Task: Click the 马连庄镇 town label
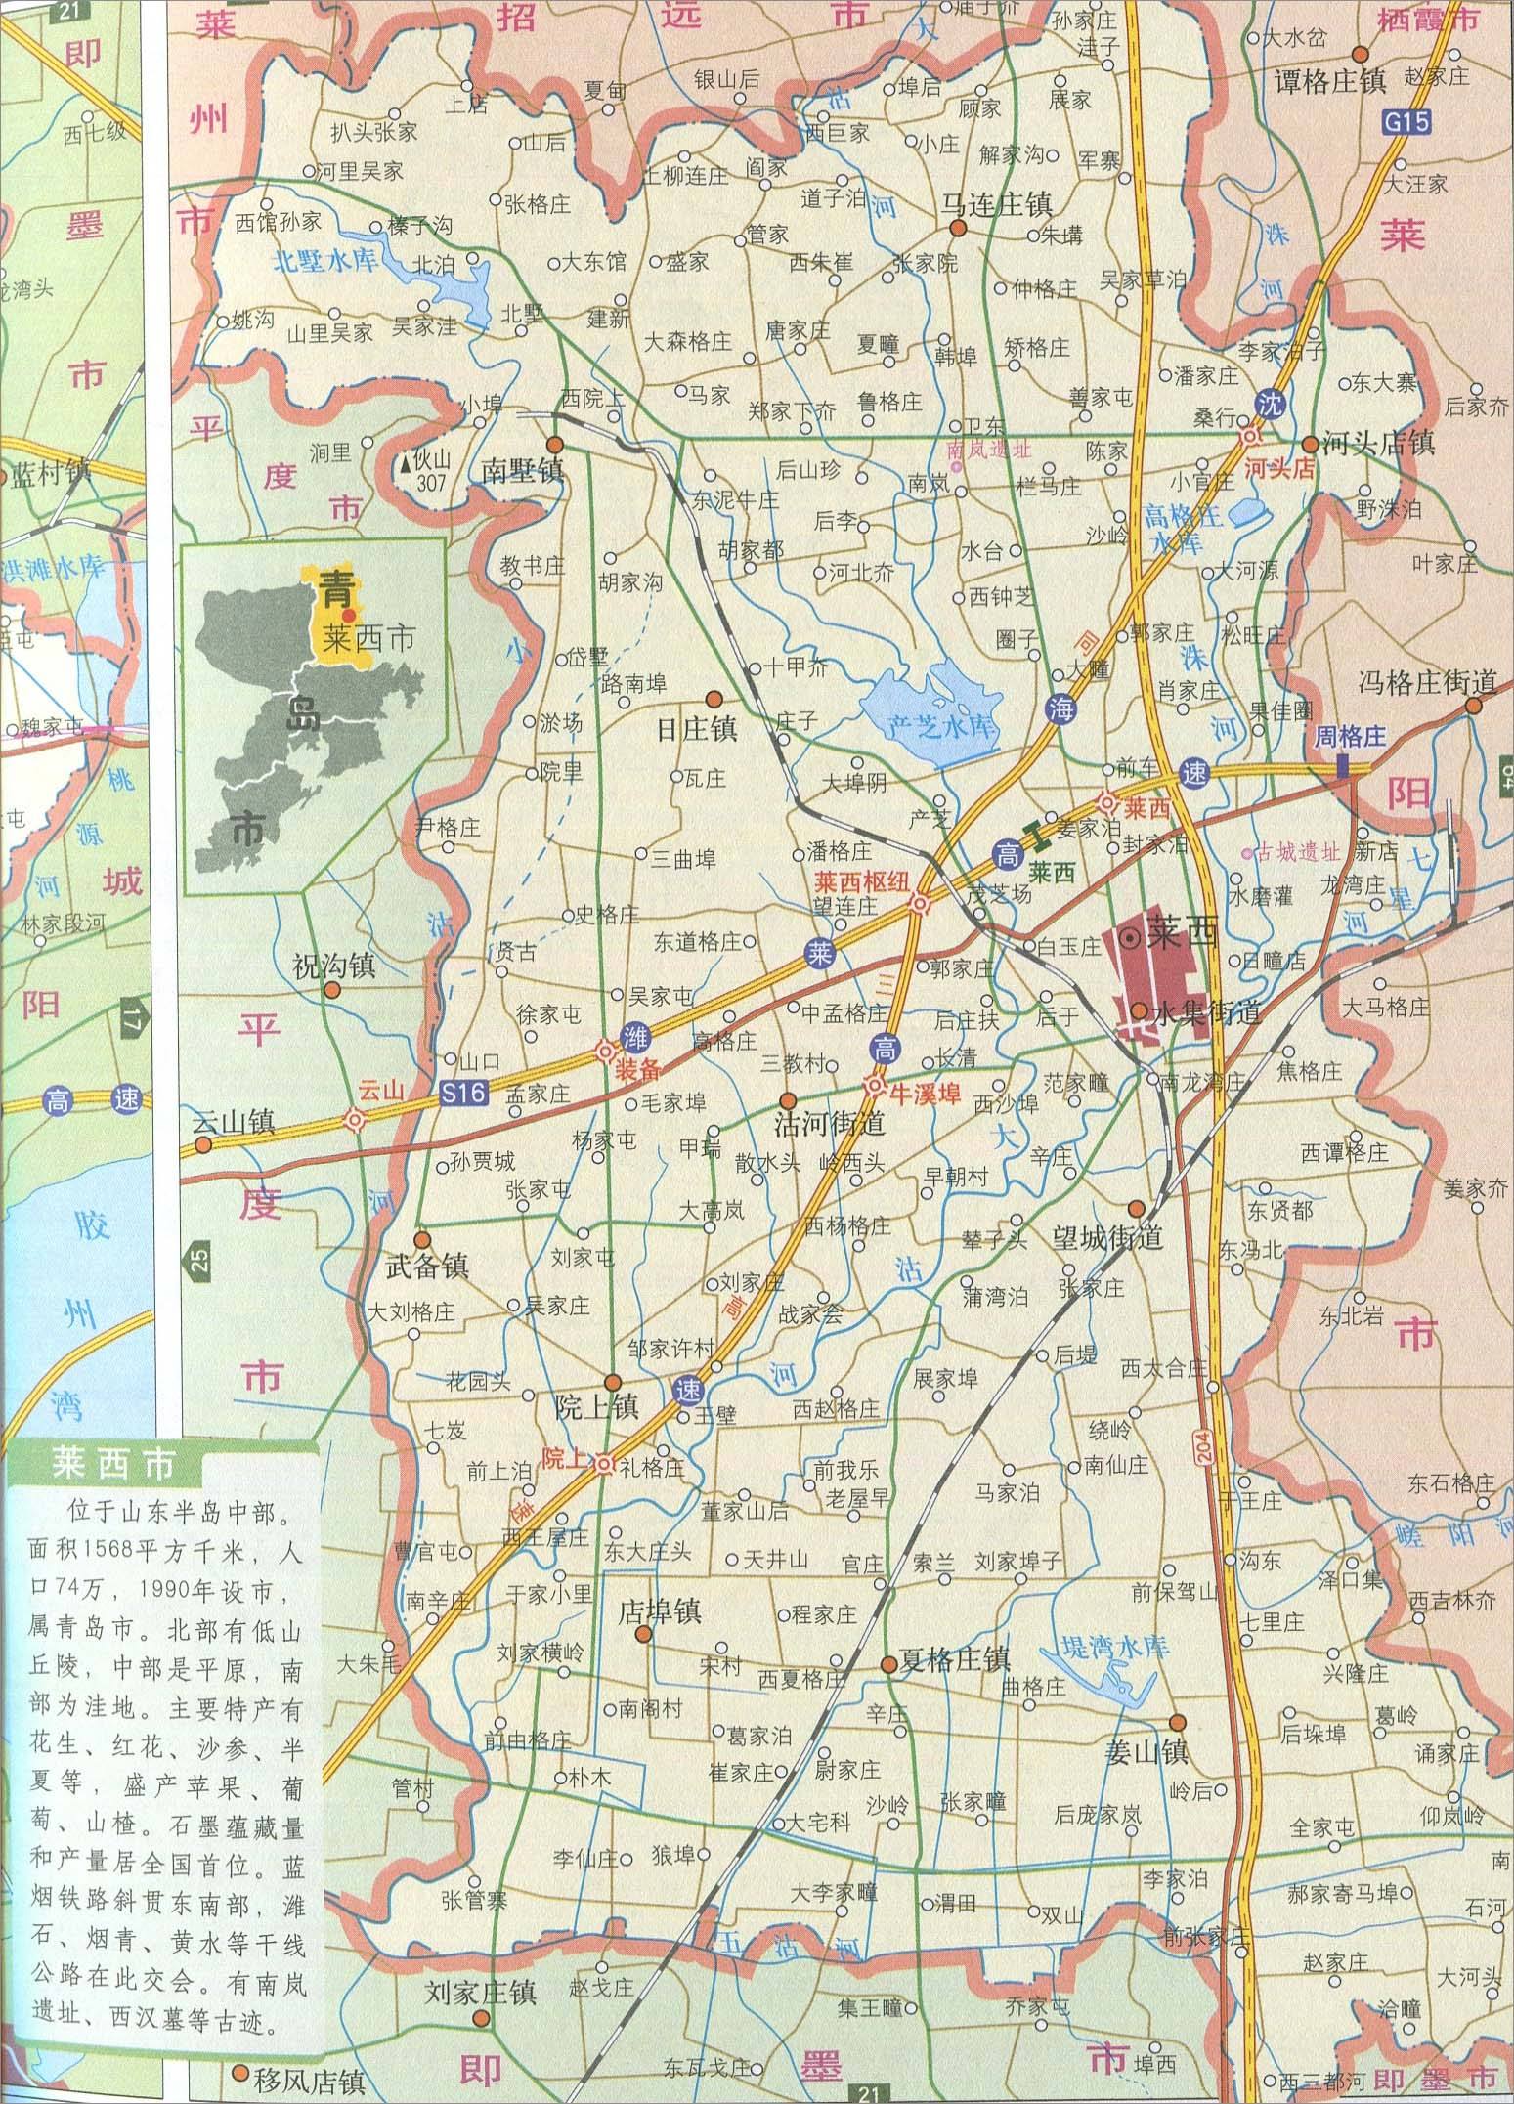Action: pyautogui.click(x=996, y=204)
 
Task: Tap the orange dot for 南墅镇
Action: pyautogui.click(x=553, y=444)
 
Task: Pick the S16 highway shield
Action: pyautogui.click(x=462, y=1094)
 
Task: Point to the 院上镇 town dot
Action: pyautogui.click(x=613, y=1381)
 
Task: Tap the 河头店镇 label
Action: pyautogui.click(x=1378, y=443)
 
